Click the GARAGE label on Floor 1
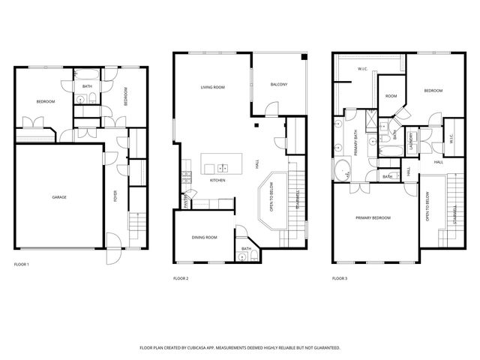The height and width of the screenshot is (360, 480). (x=59, y=197)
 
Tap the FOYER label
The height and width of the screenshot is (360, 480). (x=115, y=196)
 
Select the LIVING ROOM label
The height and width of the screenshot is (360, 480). (x=212, y=88)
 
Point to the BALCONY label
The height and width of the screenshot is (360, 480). (x=279, y=84)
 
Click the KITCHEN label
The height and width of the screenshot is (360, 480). (x=217, y=181)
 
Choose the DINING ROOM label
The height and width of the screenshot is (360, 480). (x=204, y=237)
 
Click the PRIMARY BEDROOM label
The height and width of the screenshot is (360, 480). (x=373, y=217)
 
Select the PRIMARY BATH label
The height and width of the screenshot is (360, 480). (x=354, y=142)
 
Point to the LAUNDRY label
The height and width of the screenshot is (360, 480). (x=412, y=140)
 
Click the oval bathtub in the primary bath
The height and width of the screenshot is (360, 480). (x=343, y=170)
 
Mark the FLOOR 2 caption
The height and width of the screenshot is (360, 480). (x=181, y=278)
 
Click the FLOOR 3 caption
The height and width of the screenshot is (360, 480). (x=340, y=278)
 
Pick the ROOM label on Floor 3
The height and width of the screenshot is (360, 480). (x=391, y=96)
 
